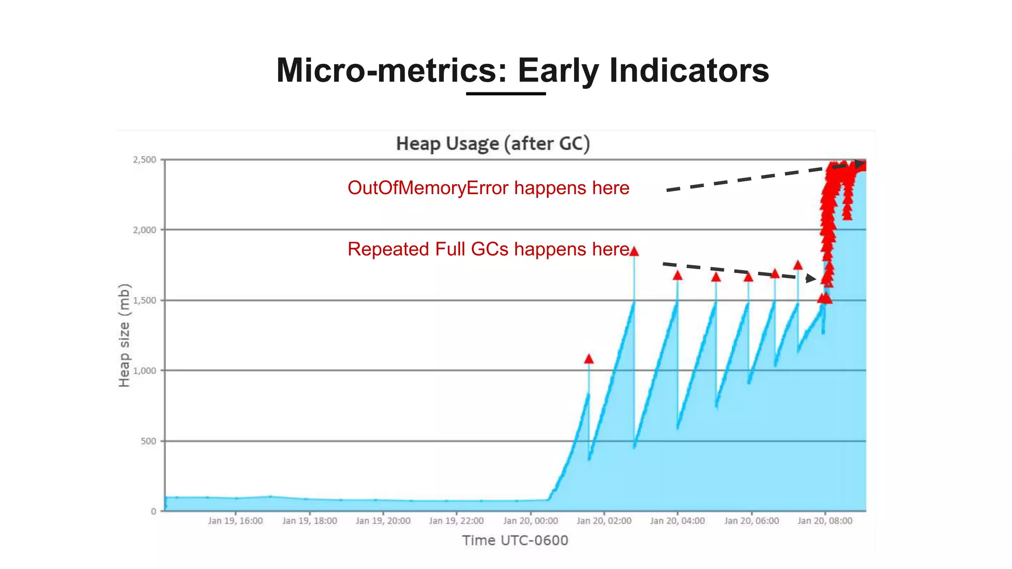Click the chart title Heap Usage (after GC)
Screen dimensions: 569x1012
click(x=493, y=144)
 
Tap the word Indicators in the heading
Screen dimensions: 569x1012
click(x=689, y=70)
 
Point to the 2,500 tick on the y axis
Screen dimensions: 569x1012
click(x=144, y=160)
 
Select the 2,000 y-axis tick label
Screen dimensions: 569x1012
click(x=144, y=230)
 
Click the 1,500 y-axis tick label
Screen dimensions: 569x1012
click(x=144, y=300)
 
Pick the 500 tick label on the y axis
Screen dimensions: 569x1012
click(x=148, y=441)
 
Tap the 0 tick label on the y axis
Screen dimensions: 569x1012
click(x=154, y=511)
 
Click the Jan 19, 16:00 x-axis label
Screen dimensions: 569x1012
click(x=235, y=521)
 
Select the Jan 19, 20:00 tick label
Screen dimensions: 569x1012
click(x=383, y=521)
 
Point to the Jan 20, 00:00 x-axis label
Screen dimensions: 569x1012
click(x=530, y=521)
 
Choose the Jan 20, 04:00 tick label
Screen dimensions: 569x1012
click(x=677, y=521)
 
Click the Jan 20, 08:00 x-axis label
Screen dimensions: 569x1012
click(x=825, y=521)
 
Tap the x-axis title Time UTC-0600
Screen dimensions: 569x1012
click(x=515, y=540)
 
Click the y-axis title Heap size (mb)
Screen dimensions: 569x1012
click(x=124, y=335)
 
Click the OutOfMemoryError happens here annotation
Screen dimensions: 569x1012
click(x=488, y=188)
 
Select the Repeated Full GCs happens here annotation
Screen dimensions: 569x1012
click(x=488, y=249)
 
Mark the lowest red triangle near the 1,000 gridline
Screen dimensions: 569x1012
click(x=589, y=359)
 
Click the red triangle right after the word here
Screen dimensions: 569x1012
click(x=634, y=251)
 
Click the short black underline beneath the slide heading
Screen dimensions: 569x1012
click(x=506, y=93)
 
